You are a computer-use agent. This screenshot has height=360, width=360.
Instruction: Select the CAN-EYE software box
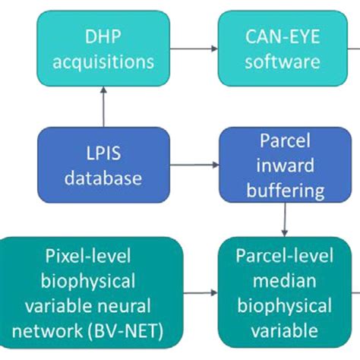[283, 48]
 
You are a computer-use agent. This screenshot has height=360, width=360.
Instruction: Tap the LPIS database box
[103, 165]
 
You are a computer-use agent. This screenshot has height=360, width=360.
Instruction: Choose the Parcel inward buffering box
[283, 165]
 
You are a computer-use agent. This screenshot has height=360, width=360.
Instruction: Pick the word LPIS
[103, 153]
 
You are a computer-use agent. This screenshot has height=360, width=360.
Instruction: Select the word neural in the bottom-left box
[145, 305]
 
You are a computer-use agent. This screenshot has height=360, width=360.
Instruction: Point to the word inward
[283, 165]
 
